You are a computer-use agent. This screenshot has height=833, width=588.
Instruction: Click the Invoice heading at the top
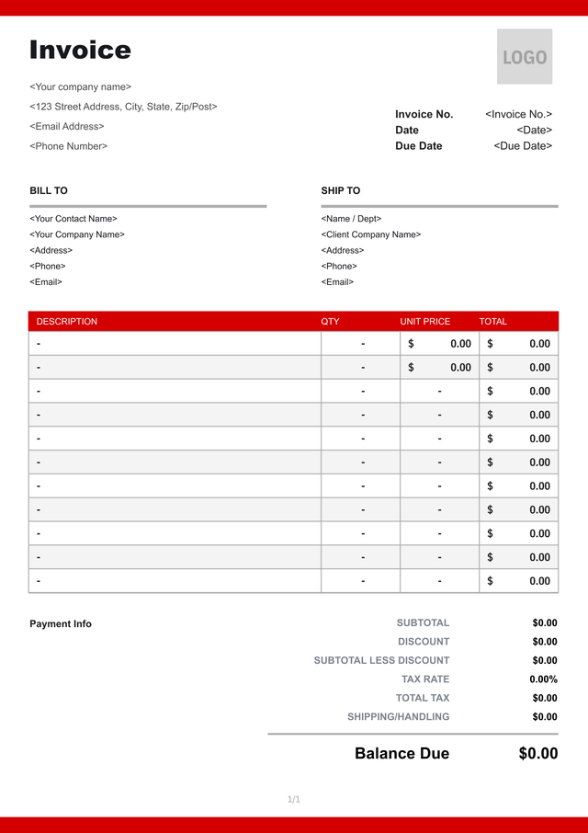pyautogui.click(x=80, y=50)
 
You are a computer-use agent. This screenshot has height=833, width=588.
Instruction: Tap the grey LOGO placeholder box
pyautogui.click(x=525, y=57)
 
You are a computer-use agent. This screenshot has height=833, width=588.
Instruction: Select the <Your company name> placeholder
pyautogui.click(x=81, y=86)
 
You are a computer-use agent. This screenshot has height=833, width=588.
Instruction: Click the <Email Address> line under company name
pyautogui.click(x=67, y=126)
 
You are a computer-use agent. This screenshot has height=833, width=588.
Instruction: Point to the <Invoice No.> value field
pyautogui.click(x=518, y=114)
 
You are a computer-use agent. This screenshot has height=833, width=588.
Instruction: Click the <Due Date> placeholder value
pyautogui.click(x=523, y=145)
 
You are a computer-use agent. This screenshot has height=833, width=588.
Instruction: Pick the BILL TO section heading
pyautogui.click(x=49, y=190)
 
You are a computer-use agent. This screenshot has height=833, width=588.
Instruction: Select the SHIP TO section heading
pyautogui.click(x=341, y=190)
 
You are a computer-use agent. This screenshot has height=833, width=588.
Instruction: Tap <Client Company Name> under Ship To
pyautogui.click(x=371, y=234)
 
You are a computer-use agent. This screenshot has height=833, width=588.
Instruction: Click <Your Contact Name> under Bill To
pyautogui.click(x=73, y=219)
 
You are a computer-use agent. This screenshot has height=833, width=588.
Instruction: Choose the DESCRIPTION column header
pyautogui.click(x=67, y=322)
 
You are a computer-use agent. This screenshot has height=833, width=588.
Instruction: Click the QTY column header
pyautogui.click(x=330, y=322)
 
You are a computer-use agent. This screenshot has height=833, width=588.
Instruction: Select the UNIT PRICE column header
pyautogui.click(x=425, y=322)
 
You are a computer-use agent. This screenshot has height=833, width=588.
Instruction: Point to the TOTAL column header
pyautogui.click(x=493, y=322)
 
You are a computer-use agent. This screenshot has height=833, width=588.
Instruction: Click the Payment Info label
pyautogui.click(x=61, y=623)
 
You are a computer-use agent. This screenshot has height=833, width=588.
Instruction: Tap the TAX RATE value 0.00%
pyautogui.click(x=543, y=679)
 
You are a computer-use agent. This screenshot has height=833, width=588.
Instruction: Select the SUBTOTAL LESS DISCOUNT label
pyautogui.click(x=381, y=660)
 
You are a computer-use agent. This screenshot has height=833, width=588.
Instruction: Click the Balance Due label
pyautogui.click(x=401, y=754)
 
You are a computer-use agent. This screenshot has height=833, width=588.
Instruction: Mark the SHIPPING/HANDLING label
pyautogui.click(x=398, y=716)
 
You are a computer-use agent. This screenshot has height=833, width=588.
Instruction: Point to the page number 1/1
pyautogui.click(x=294, y=799)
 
